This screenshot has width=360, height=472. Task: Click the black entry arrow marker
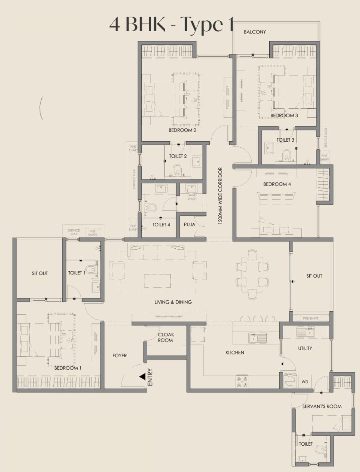(142, 377)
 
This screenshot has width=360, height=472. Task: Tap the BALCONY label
(255, 32)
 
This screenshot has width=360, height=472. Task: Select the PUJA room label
(190, 224)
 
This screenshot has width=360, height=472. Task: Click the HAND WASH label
(192, 197)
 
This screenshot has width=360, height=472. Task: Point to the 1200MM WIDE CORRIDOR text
(220, 196)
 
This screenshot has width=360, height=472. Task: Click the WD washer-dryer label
(305, 382)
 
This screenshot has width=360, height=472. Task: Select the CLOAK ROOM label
(166, 337)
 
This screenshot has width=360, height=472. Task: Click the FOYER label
(120, 356)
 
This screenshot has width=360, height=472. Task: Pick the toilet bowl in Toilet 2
(177, 170)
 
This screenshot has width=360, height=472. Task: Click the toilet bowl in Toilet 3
(287, 154)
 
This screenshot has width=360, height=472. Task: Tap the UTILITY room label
(305, 348)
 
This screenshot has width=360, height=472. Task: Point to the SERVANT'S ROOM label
(322, 406)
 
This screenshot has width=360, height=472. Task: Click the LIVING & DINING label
(173, 302)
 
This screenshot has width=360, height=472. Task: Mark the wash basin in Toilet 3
(269, 148)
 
